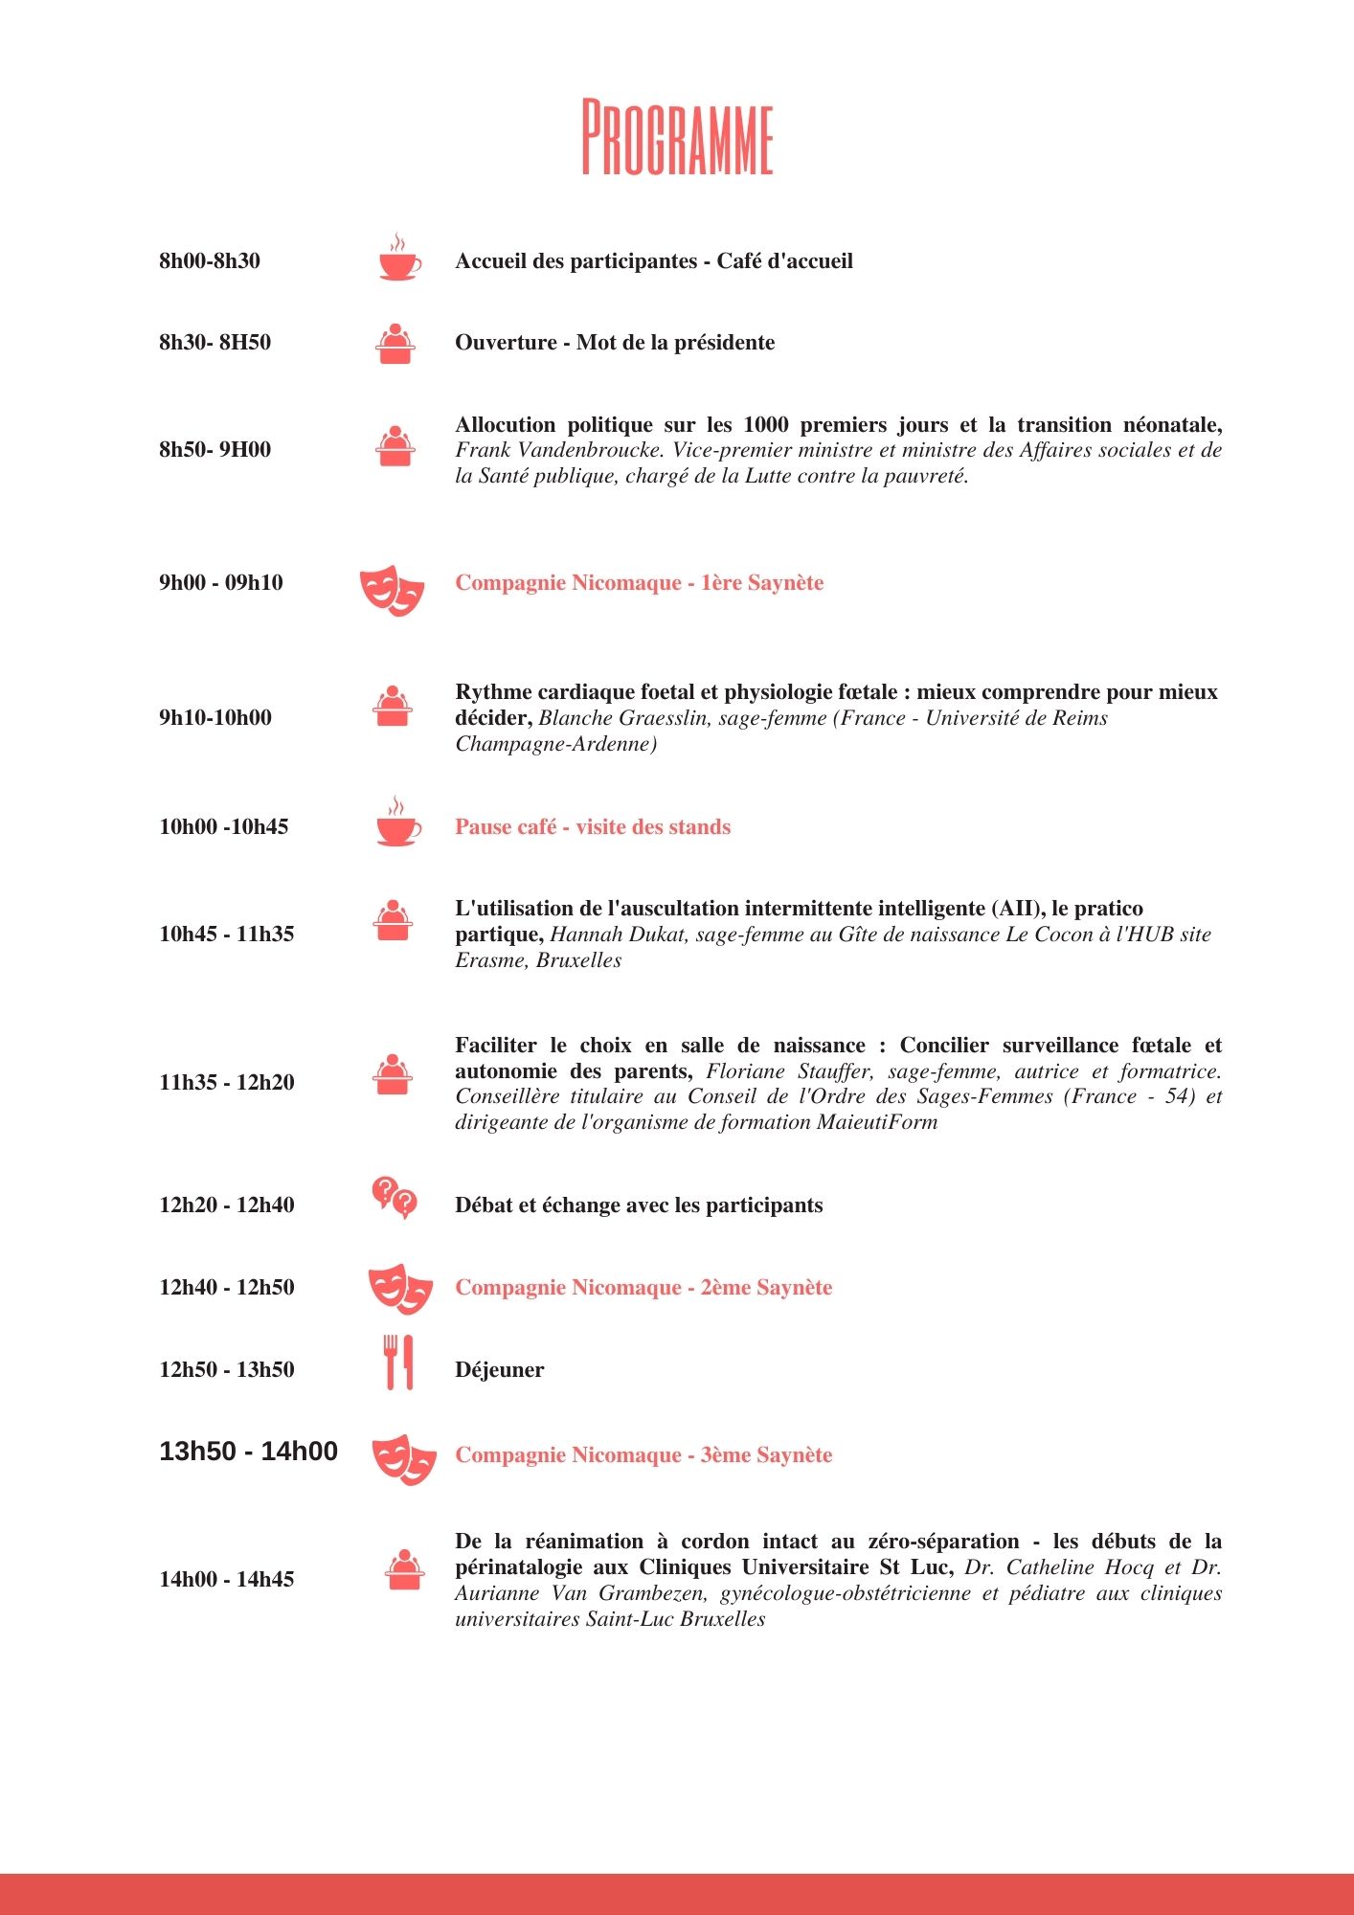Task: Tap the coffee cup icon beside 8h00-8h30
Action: (398, 259)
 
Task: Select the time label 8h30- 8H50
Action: (214, 343)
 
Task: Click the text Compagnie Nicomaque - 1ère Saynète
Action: (639, 583)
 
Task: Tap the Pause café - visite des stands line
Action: (593, 827)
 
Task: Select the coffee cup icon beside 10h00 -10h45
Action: (397, 822)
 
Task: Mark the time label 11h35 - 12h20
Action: (227, 1083)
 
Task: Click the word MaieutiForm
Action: (877, 1122)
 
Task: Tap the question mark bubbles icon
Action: (395, 1197)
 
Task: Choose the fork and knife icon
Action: (398, 1363)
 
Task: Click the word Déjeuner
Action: (499, 1370)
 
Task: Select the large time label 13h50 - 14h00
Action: (248, 1452)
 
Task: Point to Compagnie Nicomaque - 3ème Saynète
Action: (643, 1455)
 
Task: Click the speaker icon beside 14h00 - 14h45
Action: (405, 1570)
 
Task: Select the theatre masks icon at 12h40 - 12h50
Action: (400, 1288)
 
